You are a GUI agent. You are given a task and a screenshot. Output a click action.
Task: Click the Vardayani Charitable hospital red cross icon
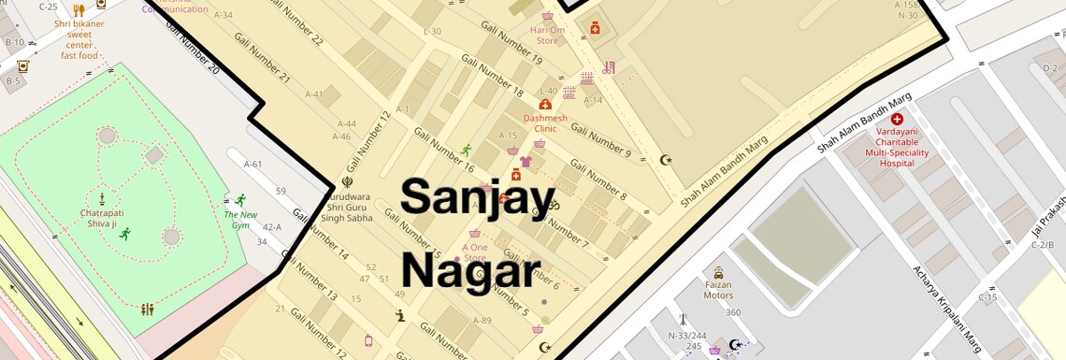[x=897, y=119]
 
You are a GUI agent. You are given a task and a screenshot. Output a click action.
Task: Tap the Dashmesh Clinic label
[x=545, y=123]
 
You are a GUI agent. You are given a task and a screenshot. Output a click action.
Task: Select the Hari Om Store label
[x=547, y=36]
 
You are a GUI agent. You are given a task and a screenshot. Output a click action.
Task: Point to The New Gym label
[x=240, y=220]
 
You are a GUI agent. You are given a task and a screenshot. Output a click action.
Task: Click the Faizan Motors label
[x=718, y=290]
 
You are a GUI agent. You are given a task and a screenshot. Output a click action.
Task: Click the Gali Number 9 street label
[x=600, y=140]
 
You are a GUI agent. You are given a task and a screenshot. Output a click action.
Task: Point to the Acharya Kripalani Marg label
[x=945, y=309]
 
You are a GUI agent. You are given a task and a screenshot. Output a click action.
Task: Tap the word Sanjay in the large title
[x=478, y=197]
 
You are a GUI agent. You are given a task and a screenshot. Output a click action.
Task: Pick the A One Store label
[x=475, y=252]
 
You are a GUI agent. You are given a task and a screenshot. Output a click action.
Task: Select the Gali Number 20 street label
[x=192, y=47]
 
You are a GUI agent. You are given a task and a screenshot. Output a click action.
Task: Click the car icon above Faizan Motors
[x=718, y=273]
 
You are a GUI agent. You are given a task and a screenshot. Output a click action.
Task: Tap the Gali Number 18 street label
[x=492, y=77]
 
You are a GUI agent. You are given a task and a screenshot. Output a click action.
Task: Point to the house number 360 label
[x=732, y=312]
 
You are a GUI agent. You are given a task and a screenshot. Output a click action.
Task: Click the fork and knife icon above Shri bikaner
[x=79, y=10]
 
